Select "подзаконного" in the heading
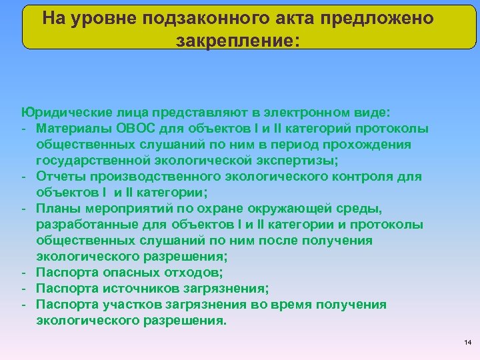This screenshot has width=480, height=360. [x=205, y=18]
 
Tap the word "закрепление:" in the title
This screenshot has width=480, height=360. [x=239, y=41]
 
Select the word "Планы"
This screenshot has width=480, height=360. [x=56, y=208]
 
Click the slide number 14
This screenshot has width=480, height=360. [x=467, y=343]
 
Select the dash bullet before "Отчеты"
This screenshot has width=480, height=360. [x=23, y=176]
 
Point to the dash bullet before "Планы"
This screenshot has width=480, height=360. [x=23, y=208]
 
